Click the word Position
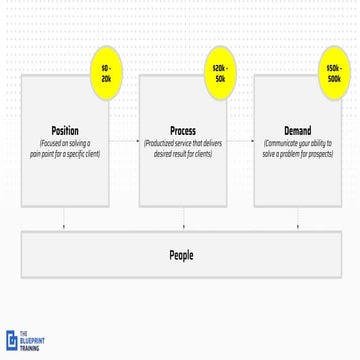[x=64, y=130]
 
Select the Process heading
[x=183, y=130]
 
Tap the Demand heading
[x=297, y=130]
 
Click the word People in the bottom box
[x=181, y=256]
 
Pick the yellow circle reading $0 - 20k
[x=106, y=72]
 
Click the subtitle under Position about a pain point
[x=64, y=149]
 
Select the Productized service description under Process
[x=183, y=149]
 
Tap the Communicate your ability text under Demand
[x=297, y=149]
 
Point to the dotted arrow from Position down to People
[x=64, y=217]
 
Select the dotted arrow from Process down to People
[x=183, y=217]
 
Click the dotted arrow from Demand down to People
[x=297, y=217]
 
